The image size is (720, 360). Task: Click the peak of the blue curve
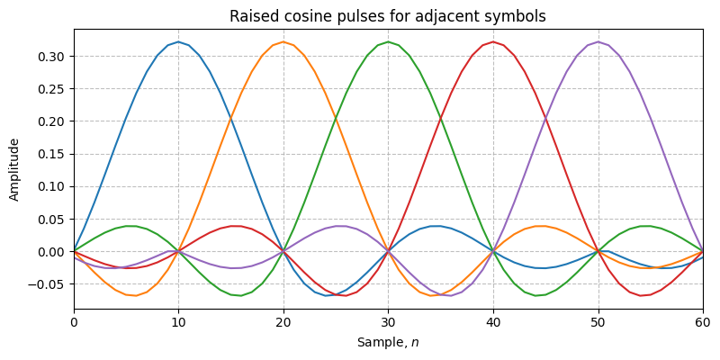[178, 41]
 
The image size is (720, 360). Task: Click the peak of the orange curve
[283, 41]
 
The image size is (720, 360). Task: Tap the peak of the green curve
[388, 41]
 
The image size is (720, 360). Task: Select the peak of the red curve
[493, 41]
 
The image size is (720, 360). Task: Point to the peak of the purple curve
[598, 41]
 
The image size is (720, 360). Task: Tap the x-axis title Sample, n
[388, 343]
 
